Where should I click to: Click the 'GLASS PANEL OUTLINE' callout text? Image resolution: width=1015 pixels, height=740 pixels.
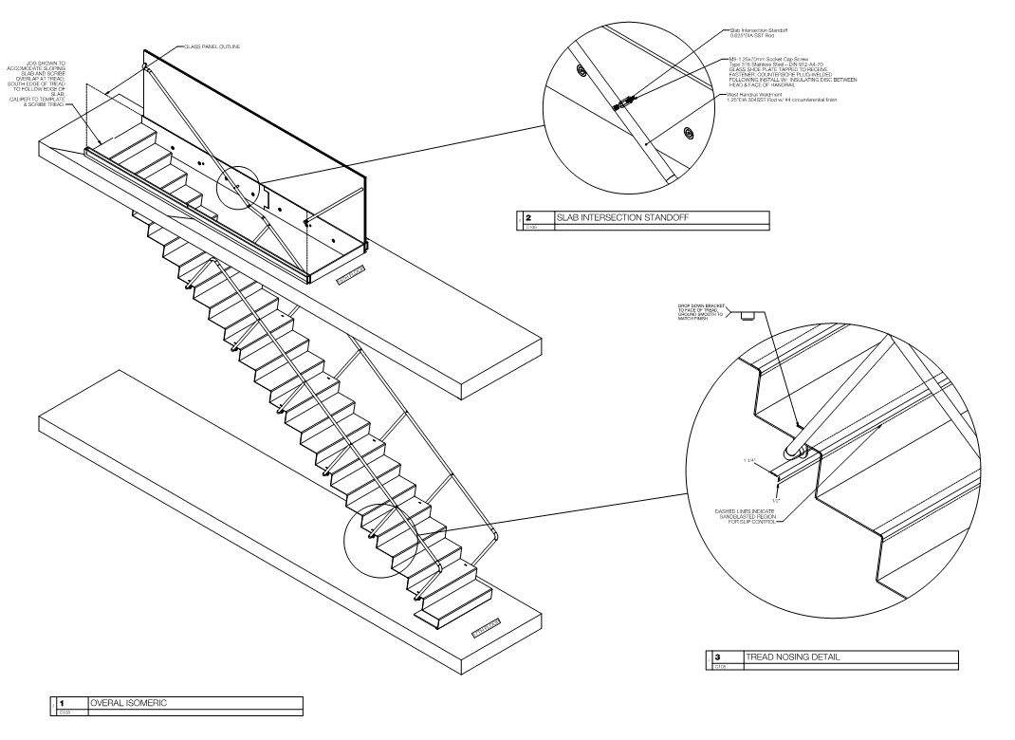click(206, 46)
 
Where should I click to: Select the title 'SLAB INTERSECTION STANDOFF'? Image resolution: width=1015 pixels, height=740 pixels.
click(621, 218)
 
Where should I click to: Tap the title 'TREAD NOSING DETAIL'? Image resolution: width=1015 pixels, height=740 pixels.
click(793, 657)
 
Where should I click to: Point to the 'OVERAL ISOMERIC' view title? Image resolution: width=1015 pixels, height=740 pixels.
click(129, 703)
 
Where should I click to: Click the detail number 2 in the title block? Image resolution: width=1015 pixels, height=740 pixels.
click(527, 218)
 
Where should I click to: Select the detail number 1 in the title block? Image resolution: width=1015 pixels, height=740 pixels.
click(60, 703)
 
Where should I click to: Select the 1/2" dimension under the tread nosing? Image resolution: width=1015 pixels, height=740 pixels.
click(776, 499)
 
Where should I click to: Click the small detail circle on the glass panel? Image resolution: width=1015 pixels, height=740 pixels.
click(237, 188)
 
